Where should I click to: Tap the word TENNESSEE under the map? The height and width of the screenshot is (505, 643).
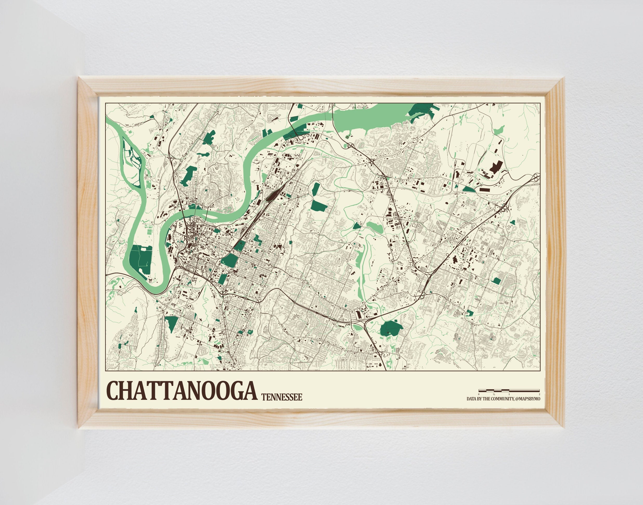(282, 397)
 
